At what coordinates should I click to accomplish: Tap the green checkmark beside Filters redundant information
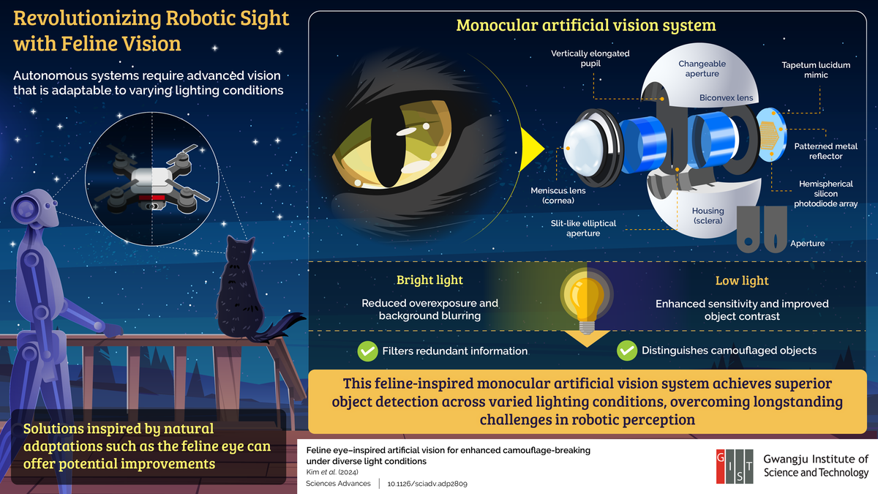click(x=367, y=351)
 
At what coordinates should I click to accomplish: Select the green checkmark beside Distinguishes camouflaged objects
click(x=626, y=351)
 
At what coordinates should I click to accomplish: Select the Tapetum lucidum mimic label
click(x=816, y=70)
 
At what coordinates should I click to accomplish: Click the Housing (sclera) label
click(x=708, y=215)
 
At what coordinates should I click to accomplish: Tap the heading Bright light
click(x=429, y=280)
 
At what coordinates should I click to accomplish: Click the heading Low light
click(x=742, y=281)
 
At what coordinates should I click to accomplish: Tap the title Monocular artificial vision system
click(x=585, y=26)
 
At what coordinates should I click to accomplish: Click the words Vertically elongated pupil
click(x=590, y=59)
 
